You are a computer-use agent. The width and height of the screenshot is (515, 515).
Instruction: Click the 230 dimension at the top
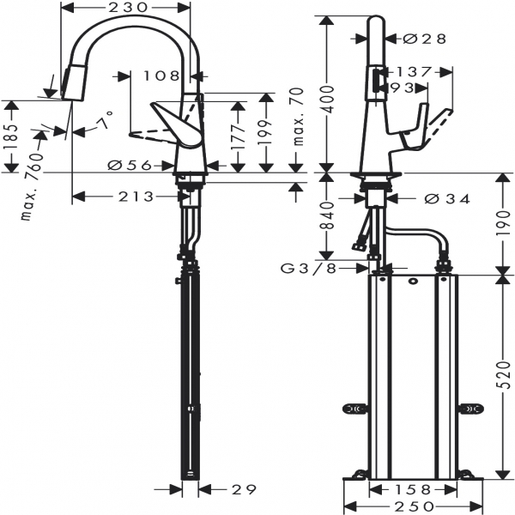click(x=128, y=7)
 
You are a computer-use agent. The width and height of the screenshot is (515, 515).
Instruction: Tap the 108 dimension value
click(x=162, y=76)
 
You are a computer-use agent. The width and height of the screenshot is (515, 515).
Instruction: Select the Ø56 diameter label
click(x=130, y=165)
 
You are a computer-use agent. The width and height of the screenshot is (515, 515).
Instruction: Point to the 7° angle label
click(x=106, y=120)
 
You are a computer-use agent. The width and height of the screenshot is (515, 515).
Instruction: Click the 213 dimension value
click(x=136, y=197)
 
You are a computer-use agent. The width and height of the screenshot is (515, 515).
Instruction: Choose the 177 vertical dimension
click(x=239, y=136)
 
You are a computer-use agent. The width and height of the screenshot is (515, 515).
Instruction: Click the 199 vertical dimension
click(x=265, y=132)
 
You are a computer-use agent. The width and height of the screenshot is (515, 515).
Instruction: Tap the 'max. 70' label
click(x=298, y=117)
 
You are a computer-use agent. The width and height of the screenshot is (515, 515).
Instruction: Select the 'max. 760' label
click(x=33, y=186)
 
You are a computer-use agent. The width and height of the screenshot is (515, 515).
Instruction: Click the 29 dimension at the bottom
click(x=244, y=490)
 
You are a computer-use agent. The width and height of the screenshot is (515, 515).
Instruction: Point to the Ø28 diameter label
click(x=424, y=39)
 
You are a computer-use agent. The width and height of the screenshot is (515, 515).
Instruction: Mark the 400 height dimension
click(x=326, y=100)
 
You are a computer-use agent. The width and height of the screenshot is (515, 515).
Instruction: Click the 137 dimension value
click(x=413, y=71)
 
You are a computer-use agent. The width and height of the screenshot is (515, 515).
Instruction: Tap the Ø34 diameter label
click(x=446, y=198)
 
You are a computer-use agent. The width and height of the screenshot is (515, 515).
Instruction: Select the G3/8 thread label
click(x=309, y=269)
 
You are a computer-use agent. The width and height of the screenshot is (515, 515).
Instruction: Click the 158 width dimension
click(x=413, y=490)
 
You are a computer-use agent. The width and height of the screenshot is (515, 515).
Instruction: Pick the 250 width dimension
click(x=414, y=506)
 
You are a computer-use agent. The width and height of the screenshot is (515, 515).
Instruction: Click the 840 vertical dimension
click(x=326, y=215)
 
